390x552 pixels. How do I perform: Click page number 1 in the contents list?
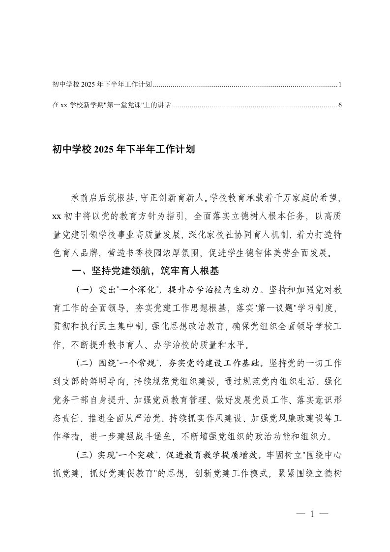pyautogui.click(x=340, y=85)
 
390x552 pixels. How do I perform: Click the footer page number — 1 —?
pyautogui.click(x=312, y=515)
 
